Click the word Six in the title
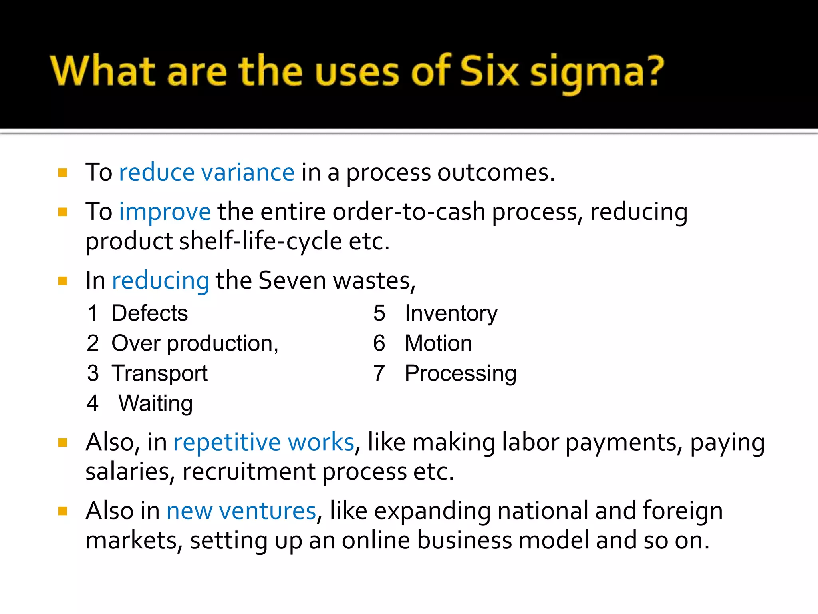click(x=489, y=71)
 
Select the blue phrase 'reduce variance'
click(x=206, y=173)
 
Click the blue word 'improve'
click(x=165, y=211)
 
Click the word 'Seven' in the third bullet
click(x=292, y=280)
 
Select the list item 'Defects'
click(x=149, y=313)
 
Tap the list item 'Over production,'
click(x=195, y=343)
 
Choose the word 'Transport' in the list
click(x=159, y=373)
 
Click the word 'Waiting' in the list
click(x=155, y=403)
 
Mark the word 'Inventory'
click(x=451, y=313)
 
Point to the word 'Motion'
click(x=438, y=343)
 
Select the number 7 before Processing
click(x=379, y=373)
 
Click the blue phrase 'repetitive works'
click(x=264, y=442)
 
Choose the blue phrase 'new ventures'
click(x=241, y=511)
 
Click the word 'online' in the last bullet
click(x=375, y=540)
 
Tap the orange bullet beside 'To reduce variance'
click(x=63, y=173)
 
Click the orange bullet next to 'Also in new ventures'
click(x=63, y=511)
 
